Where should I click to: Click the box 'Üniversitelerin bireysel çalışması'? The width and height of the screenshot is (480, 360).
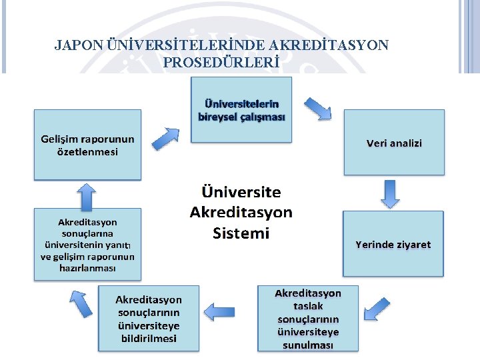[x=241, y=109]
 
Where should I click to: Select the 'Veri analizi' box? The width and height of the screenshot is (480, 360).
[x=393, y=143]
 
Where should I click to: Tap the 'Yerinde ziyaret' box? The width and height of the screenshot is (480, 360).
[x=393, y=244]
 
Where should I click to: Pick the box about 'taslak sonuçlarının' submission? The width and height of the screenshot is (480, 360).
[x=307, y=319]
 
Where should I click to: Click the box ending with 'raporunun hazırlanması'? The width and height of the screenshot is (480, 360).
[x=87, y=245]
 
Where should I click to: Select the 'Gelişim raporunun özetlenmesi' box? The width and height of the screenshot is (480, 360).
[x=87, y=145]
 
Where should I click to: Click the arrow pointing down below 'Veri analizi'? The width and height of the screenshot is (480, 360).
[x=389, y=193]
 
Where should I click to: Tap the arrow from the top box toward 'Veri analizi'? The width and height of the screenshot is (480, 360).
[x=317, y=108]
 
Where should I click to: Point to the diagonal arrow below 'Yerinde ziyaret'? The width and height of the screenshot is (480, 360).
[x=377, y=309]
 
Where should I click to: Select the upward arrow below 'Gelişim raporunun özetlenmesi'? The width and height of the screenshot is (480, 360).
[x=86, y=196]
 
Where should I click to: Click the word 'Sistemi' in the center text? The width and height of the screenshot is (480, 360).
[x=241, y=233]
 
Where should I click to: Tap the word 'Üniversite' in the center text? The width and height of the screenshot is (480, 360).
[x=241, y=192]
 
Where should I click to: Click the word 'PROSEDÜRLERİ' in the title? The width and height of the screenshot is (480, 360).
[x=221, y=63]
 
